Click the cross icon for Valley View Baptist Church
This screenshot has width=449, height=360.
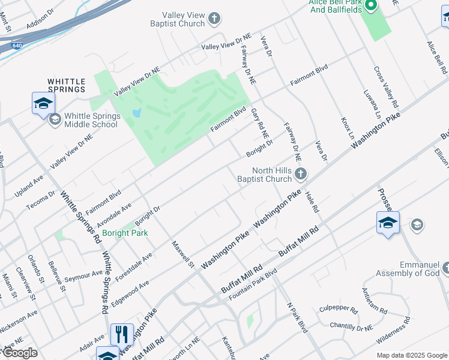tap(214, 20)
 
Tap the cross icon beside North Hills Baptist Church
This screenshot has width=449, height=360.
tap(301, 174)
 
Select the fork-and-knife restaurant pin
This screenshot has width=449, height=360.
tap(122, 334)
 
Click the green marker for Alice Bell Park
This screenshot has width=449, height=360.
tap(370, 5)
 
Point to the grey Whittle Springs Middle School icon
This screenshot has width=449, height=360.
tap(55, 119)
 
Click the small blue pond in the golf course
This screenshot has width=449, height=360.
tap(137, 112)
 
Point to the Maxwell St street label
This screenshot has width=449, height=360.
tap(182, 254)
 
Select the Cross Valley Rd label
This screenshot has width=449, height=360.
tap(386, 87)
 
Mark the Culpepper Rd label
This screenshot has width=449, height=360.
tap(338, 310)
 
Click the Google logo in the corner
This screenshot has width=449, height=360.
tap(20, 352)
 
